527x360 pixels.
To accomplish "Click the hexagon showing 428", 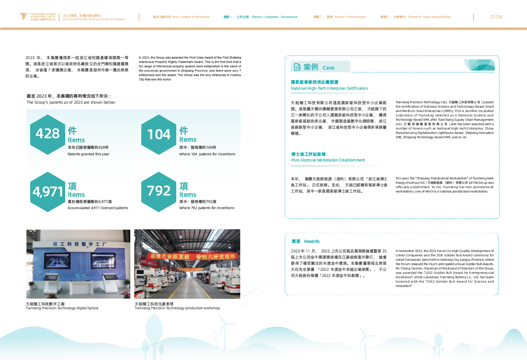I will click(x=47, y=133).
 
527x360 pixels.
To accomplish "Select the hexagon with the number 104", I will click(x=159, y=134).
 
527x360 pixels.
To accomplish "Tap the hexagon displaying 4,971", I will click(x=47, y=191).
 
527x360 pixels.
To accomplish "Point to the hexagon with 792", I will click(x=159, y=191).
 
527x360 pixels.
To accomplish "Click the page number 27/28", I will click(x=496, y=17).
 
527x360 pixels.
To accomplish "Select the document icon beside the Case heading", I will click(x=297, y=67).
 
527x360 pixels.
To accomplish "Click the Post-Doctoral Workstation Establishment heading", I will click(x=328, y=160).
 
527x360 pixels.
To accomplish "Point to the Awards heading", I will click(x=311, y=241).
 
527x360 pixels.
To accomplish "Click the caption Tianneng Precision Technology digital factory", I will click(x=62, y=308).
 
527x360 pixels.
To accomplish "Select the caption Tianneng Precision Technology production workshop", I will click(x=177, y=308).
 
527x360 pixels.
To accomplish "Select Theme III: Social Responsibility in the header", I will click(x=429, y=17).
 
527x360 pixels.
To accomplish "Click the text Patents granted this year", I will click(x=88, y=154).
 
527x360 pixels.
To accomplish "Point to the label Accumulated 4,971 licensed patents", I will click(x=98, y=208).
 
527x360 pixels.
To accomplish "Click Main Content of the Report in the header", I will click(x=191, y=17).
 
